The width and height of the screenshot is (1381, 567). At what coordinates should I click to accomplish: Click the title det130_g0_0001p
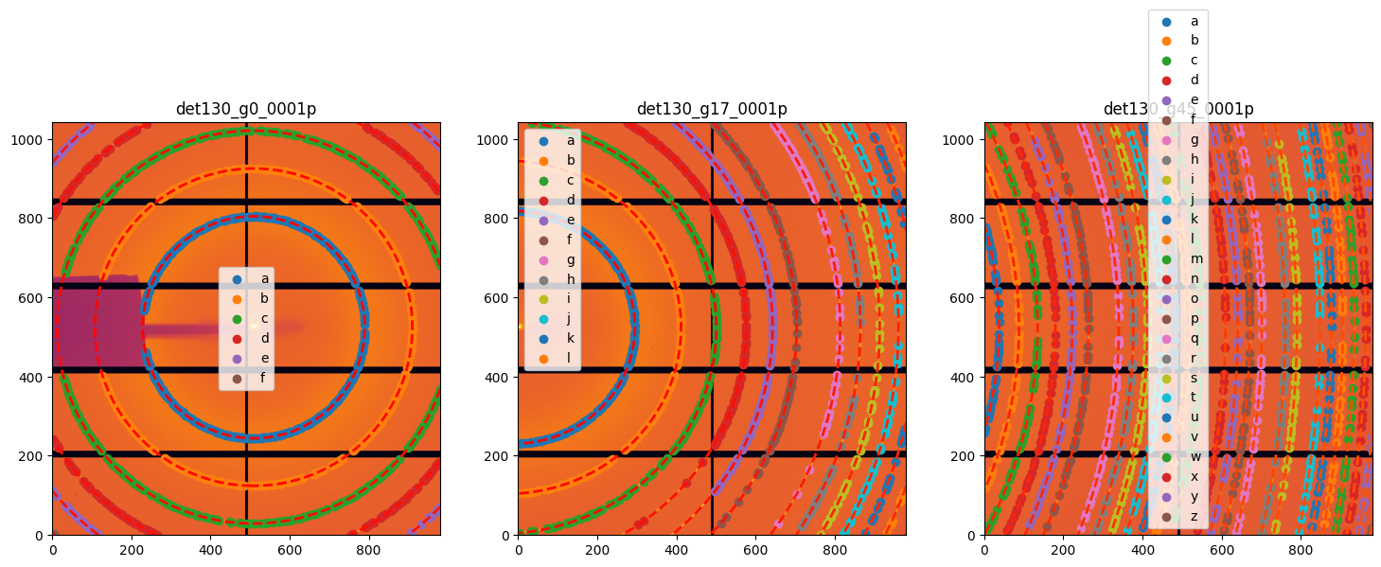pos(245,109)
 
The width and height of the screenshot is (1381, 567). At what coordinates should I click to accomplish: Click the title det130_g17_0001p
pos(712,109)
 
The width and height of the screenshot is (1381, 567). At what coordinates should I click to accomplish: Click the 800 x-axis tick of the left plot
pos(368,548)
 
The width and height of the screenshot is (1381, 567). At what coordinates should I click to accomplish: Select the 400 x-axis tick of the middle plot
pos(676,548)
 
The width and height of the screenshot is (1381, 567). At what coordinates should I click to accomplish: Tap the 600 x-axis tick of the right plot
pos(1222,548)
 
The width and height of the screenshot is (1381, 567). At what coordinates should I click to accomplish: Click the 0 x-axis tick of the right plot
pos(984,548)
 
